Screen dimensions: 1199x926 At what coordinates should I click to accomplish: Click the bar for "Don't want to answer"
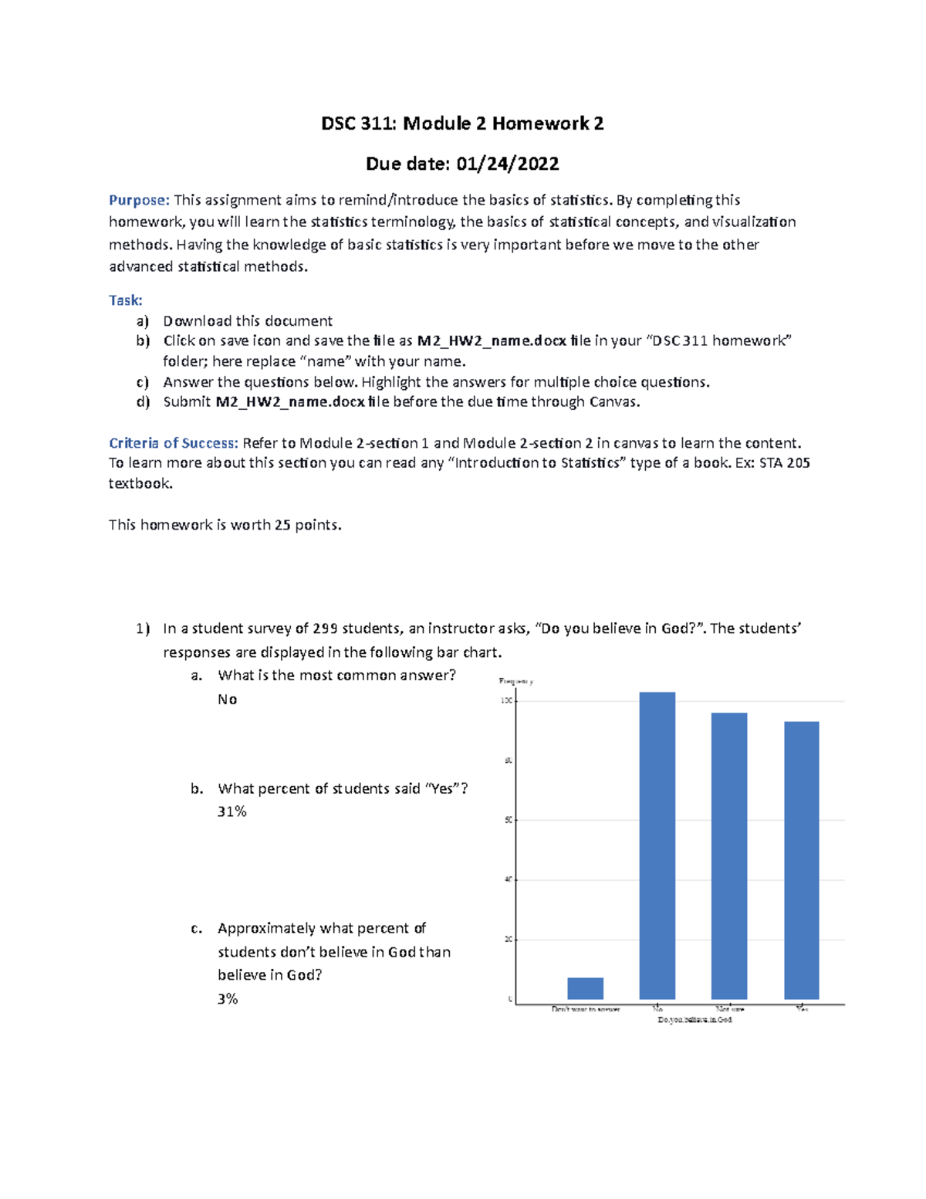coord(585,988)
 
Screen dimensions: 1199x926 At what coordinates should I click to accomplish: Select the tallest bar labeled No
coord(657,845)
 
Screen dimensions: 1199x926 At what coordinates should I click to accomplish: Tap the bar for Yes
coord(801,860)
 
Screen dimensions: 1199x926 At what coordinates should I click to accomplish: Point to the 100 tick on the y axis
coord(507,700)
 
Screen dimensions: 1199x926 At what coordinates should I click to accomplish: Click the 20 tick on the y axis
coord(509,940)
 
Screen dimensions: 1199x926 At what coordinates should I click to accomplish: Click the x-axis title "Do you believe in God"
coord(694,1020)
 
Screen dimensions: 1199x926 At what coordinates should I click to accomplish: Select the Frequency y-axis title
coord(516,681)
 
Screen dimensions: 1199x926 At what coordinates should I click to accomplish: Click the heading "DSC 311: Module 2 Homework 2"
coord(462,124)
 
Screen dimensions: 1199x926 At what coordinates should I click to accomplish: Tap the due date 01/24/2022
coord(507,164)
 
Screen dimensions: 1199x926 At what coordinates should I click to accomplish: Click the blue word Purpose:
coord(139,200)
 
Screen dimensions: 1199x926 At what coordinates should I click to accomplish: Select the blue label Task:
coord(125,300)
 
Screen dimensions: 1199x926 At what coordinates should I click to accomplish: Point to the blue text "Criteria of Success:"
coord(174,443)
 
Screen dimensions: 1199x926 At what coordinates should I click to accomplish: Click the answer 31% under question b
coord(232,811)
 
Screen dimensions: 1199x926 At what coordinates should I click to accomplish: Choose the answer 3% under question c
coord(228,999)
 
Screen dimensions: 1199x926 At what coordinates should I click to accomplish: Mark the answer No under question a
coord(227,699)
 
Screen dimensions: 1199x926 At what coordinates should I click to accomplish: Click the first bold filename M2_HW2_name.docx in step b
coord(492,340)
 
